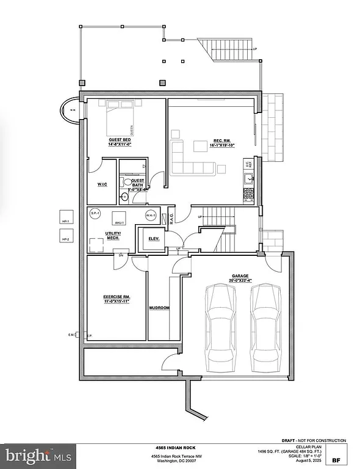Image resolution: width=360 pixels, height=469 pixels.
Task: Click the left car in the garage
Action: pyautogui.click(x=220, y=324)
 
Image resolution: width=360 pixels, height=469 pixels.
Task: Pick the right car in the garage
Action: pyautogui.click(x=266, y=324)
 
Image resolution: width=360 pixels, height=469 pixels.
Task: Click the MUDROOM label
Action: pyautogui.click(x=159, y=308)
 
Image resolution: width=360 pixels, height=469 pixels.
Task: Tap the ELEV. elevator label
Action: pyautogui.click(x=154, y=239)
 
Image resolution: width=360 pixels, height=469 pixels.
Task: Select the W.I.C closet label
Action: pyautogui.click(x=102, y=184)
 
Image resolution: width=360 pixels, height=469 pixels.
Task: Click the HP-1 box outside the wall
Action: pyautogui.click(x=65, y=217)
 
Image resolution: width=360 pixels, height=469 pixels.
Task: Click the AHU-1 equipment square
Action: pyautogui.click(x=118, y=219)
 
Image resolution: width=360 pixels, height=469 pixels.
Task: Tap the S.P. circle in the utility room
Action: pyautogui.click(x=95, y=214)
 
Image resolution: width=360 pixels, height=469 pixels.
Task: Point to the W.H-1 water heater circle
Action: pyautogui.click(x=150, y=216)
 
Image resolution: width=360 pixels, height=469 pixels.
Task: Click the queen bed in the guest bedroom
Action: pyautogui.click(x=120, y=120)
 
